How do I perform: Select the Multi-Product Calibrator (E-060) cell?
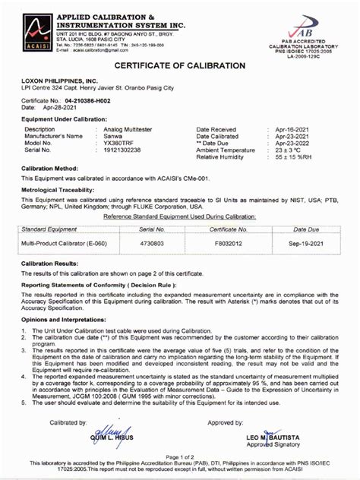65,243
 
